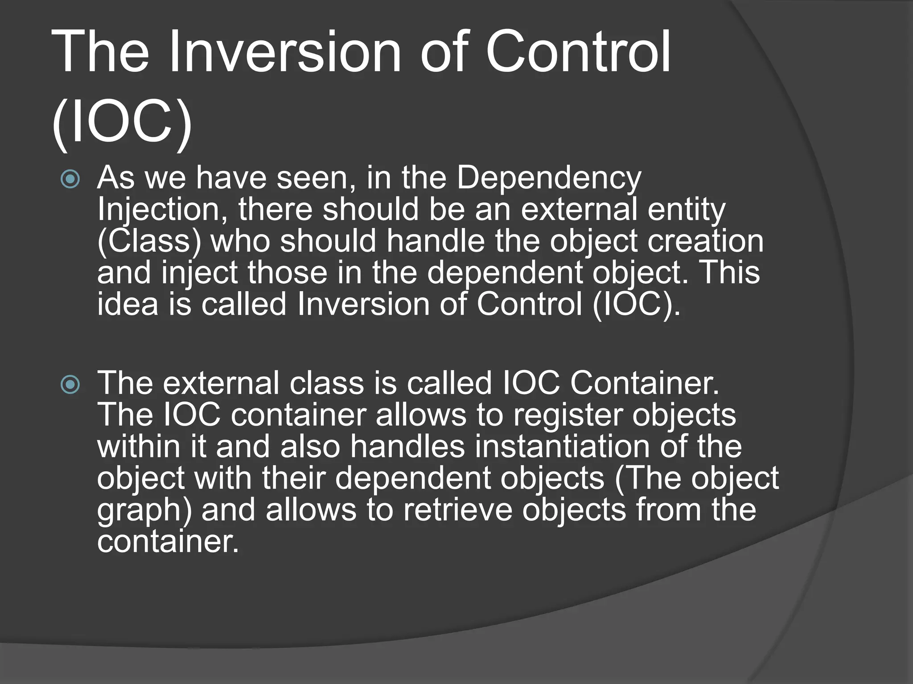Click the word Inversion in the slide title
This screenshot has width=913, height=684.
click(285, 53)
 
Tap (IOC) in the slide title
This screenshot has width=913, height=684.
click(122, 122)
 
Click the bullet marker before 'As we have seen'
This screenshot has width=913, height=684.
click(70, 180)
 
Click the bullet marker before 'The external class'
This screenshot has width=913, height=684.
click(70, 385)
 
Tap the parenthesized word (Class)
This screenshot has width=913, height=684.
click(149, 242)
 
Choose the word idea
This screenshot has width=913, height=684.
click(127, 305)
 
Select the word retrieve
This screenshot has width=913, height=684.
click(458, 510)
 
